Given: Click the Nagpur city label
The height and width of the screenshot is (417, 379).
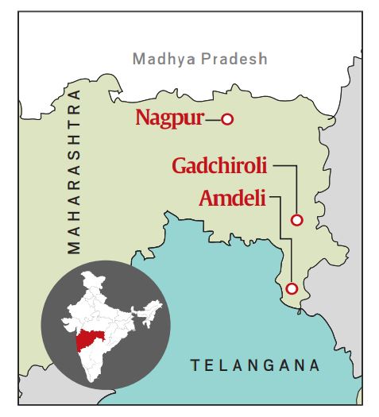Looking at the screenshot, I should [168, 119].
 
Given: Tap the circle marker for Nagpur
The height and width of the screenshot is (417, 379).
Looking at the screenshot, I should [226, 119].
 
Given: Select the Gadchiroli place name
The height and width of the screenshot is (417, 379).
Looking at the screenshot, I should [219, 167].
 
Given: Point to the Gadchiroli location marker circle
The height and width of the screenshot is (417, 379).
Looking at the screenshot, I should [297, 220].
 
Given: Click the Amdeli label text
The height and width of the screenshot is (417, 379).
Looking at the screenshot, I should [233, 196].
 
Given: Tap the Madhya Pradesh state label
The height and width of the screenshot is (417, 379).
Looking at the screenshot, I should [200, 59].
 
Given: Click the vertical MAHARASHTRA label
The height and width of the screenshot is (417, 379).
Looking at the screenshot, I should [75, 171].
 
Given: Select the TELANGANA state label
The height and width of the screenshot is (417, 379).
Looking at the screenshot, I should [254, 365].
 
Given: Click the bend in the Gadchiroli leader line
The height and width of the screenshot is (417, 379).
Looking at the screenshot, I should [297, 167].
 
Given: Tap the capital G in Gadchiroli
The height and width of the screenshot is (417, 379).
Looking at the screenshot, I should [180, 167].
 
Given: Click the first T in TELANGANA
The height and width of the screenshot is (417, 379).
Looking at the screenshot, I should [193, 365].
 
